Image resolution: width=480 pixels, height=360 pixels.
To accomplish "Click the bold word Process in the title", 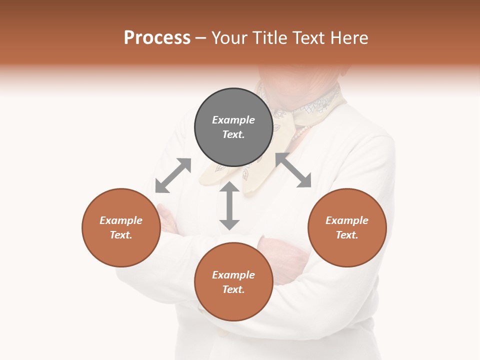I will [157, 38].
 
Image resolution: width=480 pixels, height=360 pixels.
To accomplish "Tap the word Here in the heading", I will [349, 38].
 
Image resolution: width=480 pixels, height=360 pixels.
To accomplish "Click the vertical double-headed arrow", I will [229, 205].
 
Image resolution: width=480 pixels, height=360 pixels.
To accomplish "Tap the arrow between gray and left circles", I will [173, 175].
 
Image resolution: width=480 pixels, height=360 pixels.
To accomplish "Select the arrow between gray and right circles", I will [293, 170].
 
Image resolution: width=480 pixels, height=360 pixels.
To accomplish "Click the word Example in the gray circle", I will [233, 120].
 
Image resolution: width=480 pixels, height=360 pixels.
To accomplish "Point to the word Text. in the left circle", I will [121, 235].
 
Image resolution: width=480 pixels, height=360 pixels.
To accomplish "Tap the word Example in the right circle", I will [347, 220].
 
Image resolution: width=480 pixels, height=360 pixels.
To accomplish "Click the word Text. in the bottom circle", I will [233, 289].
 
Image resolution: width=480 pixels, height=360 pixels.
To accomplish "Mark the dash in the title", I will [201, 38].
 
